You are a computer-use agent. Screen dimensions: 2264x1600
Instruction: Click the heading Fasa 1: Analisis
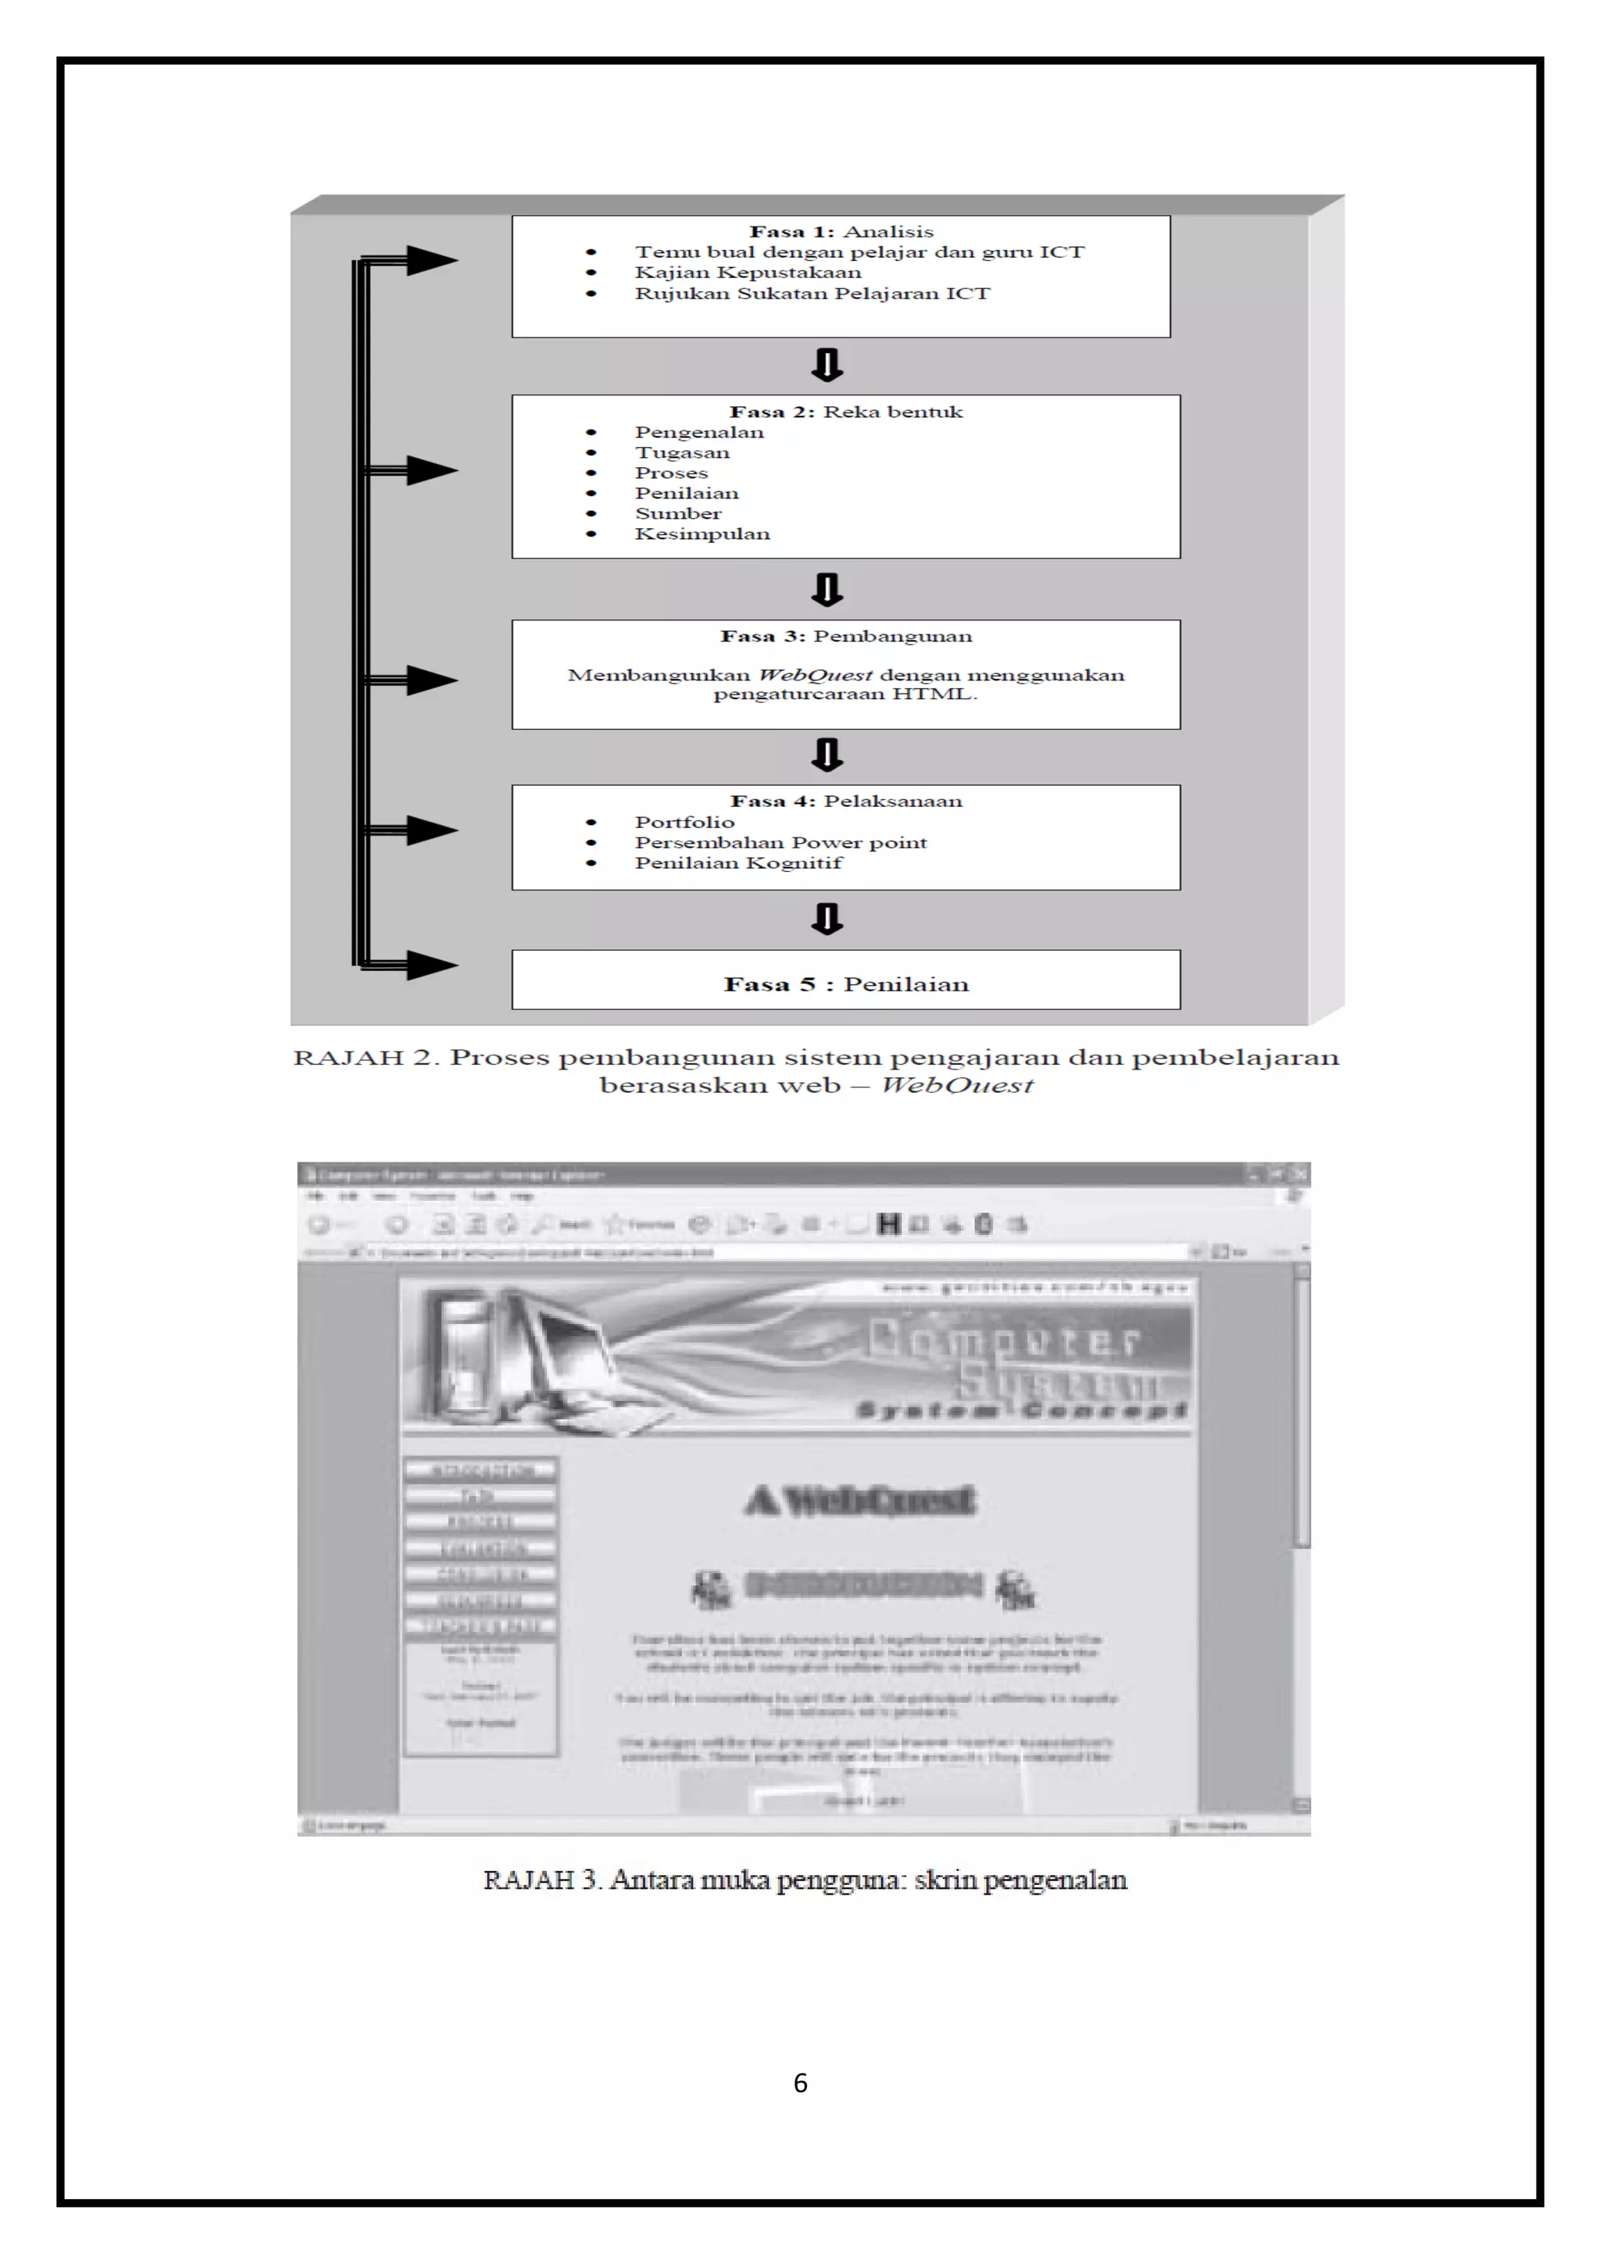coord(840,232)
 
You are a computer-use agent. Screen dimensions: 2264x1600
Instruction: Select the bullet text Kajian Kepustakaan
coord(747,273)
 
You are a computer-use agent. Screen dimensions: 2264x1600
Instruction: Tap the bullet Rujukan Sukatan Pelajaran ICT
coord(812,294)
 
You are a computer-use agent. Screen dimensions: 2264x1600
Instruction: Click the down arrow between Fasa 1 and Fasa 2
coord(826,365)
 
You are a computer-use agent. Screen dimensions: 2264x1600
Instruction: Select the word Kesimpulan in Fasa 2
coord(702,534)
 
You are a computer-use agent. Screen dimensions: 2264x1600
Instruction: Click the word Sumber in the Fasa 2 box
coord(677,514)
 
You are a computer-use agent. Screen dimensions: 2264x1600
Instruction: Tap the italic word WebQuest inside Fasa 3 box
coord(814,676)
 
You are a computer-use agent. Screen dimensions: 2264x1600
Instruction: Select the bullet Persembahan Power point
coord(780,843)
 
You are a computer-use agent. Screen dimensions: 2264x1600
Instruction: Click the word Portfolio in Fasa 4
coord(684,823)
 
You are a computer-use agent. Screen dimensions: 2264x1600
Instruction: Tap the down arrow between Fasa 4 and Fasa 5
coord(826,919)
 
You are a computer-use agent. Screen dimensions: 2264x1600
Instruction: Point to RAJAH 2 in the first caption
coord(362,1058)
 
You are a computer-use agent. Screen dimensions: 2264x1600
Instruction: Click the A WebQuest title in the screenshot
coord(859,1501)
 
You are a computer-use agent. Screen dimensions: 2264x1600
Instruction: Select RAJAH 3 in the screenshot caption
coord(540,1880)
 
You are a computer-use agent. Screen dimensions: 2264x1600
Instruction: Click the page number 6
coord(799,2083)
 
